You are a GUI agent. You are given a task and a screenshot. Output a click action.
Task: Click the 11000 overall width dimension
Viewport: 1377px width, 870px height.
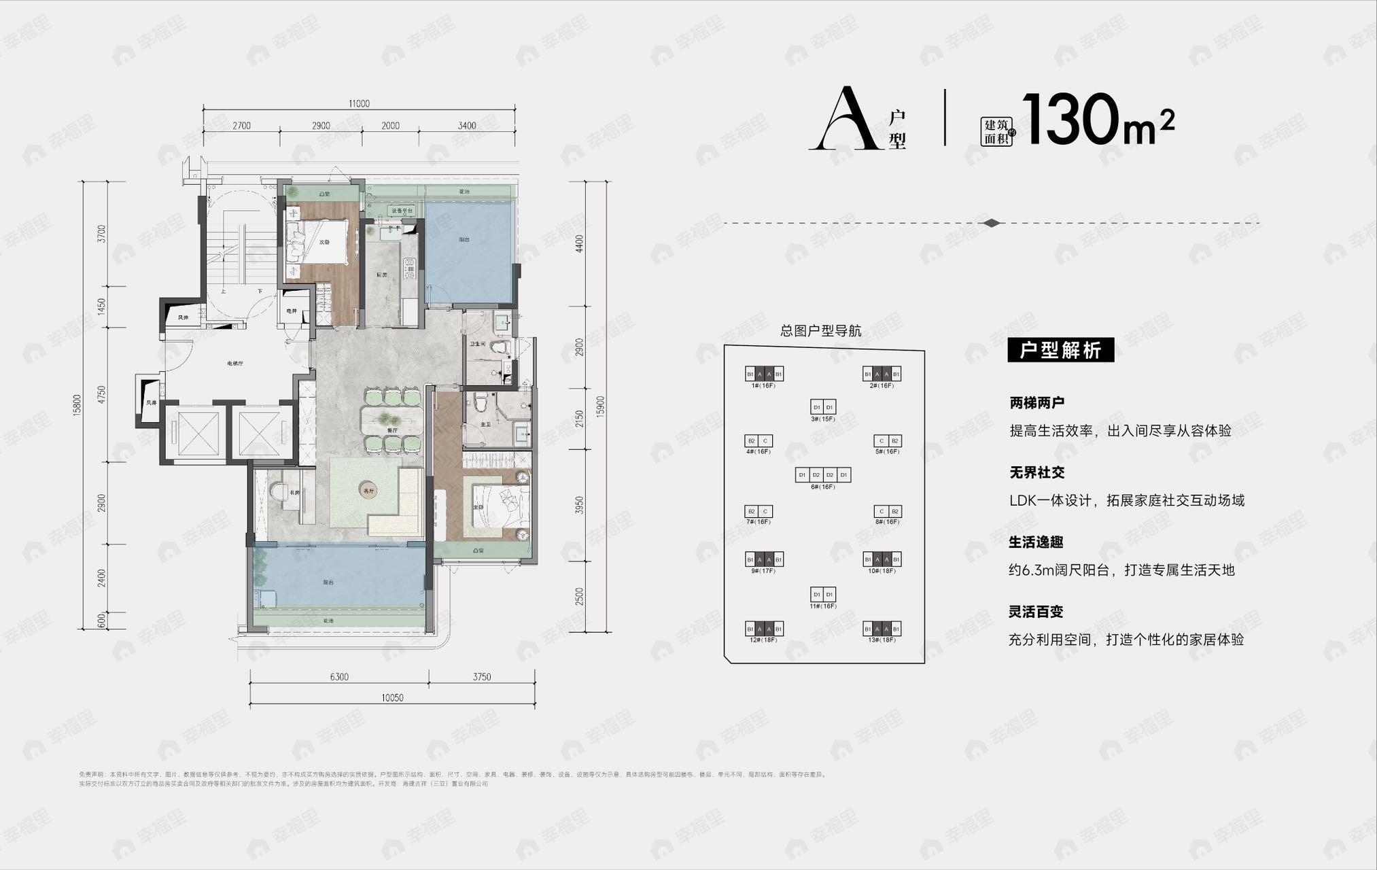coord(359,104)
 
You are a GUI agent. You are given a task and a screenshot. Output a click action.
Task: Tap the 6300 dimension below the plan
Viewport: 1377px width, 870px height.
coord(338,677)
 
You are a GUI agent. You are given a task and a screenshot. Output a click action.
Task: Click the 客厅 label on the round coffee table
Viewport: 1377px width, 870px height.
coord(369,490)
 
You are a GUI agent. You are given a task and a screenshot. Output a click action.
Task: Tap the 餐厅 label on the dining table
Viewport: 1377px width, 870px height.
coord(391,430)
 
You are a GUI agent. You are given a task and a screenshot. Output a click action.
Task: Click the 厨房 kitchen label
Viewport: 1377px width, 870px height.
coord(382,275)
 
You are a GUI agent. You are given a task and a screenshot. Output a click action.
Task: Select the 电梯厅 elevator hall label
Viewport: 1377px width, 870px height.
coord(235,364)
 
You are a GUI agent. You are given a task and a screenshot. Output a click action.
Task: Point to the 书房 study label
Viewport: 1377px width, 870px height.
coord(294,493)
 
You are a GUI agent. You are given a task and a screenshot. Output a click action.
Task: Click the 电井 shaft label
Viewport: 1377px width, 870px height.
coord(292,311)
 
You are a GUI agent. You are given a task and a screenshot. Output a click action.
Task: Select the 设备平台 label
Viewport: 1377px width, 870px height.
coord(402,211)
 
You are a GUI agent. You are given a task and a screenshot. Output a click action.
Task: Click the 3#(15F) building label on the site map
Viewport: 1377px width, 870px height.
coord(822,419)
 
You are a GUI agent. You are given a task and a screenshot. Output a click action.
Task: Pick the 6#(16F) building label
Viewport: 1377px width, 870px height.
coord(822,487)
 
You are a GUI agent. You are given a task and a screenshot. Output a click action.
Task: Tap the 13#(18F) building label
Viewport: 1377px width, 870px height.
coord(882,640)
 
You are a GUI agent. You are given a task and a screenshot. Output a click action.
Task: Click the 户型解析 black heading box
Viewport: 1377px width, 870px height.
coord(1060,351)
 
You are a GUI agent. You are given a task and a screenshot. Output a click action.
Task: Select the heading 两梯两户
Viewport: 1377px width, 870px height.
coord(1036,403)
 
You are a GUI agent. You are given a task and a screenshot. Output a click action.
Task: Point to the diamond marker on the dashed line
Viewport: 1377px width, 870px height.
coord(992,223)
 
